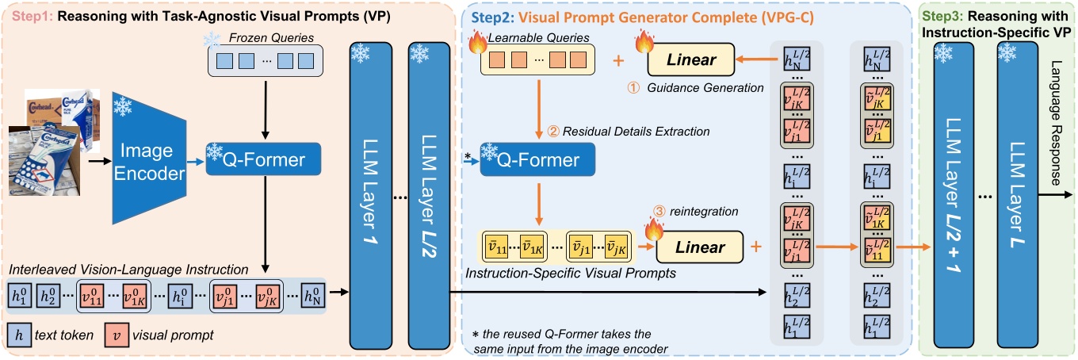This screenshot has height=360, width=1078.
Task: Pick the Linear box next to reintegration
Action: [x=700, y=247]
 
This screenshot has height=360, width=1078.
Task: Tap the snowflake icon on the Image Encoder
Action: [x=124, y=107]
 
